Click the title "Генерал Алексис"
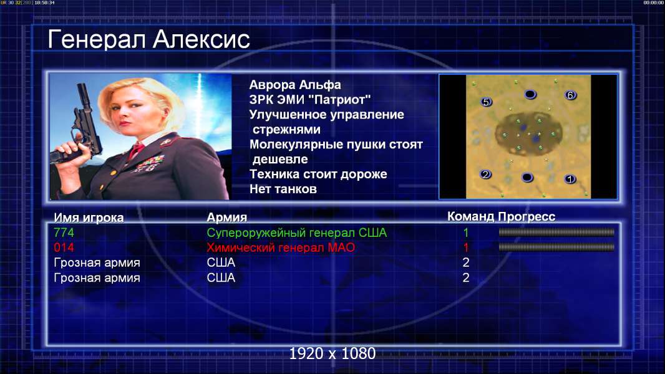click(149, 39)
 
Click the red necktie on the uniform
click(136, 150)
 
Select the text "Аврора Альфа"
click(294, 85)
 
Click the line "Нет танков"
click(283, 189)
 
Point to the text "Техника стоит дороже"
click(318, 174)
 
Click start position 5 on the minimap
click(486, 102)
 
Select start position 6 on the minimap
click(570, 95)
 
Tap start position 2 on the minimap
click(485, 174)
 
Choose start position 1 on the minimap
click(570, 179)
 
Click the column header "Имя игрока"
click(89, 218)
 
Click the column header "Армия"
click(227, 218)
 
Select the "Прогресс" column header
click(527, 216)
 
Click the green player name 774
click(64, 233)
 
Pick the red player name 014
click(64, 247)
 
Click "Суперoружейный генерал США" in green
click(297, 233)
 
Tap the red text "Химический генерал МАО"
click(281, 247)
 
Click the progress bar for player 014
click(556, 247)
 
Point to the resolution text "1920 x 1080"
click(332, 353)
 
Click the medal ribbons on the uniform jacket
click(148, 163)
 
